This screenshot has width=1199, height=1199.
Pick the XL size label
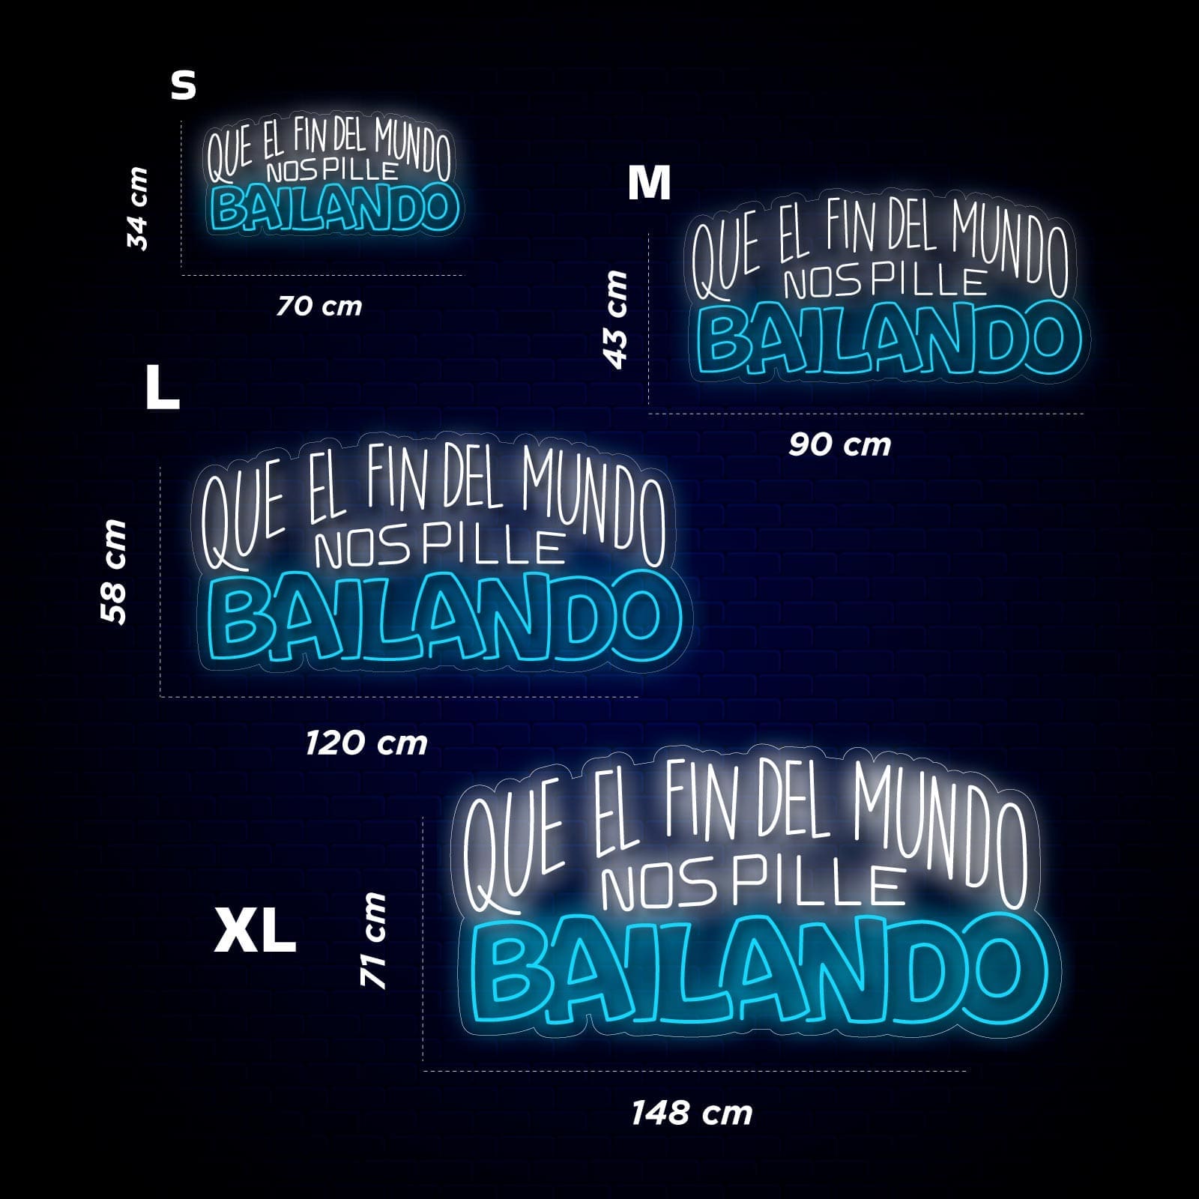[x=255, y=930]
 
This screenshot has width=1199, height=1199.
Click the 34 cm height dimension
[x=138, y=208]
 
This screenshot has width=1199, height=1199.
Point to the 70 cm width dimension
[x=319, y=306]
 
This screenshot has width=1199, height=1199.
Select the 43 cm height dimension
[x=616, y=319]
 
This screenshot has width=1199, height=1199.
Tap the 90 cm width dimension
[x=839, y=445]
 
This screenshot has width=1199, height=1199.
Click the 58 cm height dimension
[x=114, y=571]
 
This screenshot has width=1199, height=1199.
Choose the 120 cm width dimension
[x=366, y=743]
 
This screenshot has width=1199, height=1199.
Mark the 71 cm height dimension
[x=373, y=940]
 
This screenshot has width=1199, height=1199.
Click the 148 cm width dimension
[x=692, y=1114]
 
